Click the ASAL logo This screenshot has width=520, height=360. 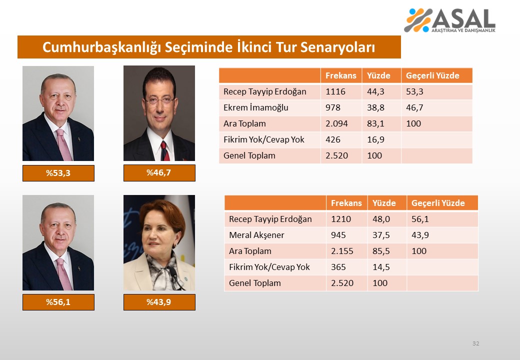tap(449, 20)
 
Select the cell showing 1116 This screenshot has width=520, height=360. tap(335, 91)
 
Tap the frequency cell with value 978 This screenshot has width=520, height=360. tap(332, 107)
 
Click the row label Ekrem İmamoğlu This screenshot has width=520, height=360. tap(255, 107)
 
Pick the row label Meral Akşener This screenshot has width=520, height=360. tap(256, 235)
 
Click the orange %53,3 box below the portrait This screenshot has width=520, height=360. tap(58, 173)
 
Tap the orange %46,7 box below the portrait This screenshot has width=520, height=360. tap(159, 172)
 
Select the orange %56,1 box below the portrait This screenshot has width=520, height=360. tap(58, 302)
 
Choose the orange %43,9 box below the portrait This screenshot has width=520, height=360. tap(159, 302)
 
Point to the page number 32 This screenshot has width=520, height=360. tap(475, 343)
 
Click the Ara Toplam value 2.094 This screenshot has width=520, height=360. tap(336, 123)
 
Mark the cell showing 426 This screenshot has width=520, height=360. tap(332, 139)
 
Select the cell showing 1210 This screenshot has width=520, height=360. tap(341, 219)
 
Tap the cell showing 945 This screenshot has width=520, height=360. tap(338, 235)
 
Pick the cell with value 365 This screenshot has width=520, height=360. tap(338, 267)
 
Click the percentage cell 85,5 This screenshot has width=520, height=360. tap(381, 251)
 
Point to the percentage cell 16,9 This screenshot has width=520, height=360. tap(375, 139)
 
